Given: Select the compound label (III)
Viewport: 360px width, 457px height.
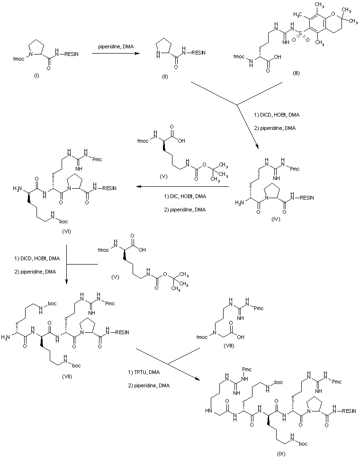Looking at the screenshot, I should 296,73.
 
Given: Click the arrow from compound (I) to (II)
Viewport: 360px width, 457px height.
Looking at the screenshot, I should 116,55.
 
